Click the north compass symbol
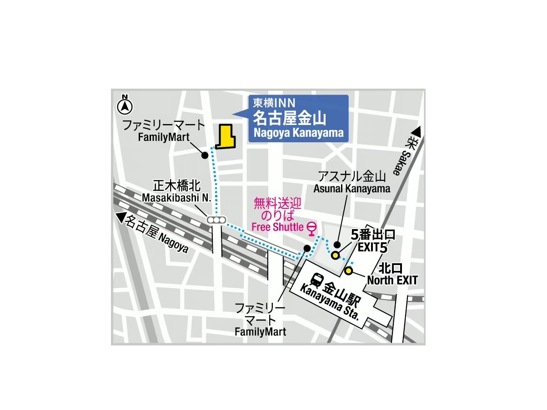tap(125, 106)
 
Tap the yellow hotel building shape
tap(225, 138)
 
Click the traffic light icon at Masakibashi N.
tap(216, 220)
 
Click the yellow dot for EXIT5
tap(335, 255)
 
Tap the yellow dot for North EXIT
tap(349, 271)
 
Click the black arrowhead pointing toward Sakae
tap(417, 132)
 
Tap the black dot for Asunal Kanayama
tap(337, 245)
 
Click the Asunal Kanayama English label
tap(351, 189)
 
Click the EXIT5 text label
tap(373, 248)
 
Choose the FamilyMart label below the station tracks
tap(261, 332)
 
